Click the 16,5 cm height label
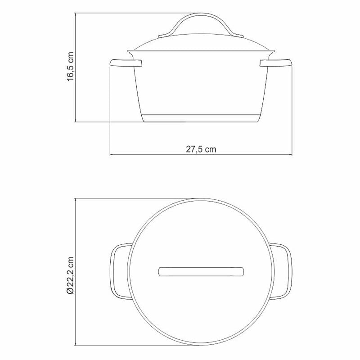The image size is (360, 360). point(70,66)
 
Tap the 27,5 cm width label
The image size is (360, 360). point(201,149)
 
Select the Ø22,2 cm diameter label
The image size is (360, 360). point(70,275)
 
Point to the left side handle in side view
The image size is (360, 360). point(126,63)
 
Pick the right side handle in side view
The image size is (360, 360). point(276,63)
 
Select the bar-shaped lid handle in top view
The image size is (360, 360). point(201,272)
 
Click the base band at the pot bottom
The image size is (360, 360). point(201,118)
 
